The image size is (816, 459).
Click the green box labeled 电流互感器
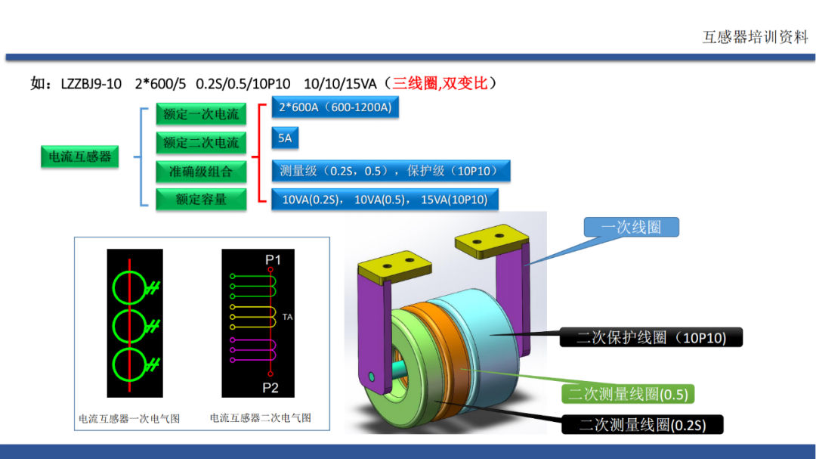[79, 157]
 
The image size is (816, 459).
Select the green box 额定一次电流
[201, 114]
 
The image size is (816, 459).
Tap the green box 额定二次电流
[201, 143]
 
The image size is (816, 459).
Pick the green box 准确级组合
[201, 172]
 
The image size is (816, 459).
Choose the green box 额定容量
[201, 200]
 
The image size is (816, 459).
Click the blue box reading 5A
[285, 138]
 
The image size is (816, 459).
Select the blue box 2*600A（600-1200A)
[335, 107]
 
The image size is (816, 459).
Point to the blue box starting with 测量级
[391, 171]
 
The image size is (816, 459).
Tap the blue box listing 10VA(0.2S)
[385, 200]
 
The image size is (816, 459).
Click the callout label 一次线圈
[631, 227]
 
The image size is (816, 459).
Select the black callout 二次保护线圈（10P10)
[651, 337]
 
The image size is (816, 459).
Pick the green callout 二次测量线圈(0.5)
[628, 394]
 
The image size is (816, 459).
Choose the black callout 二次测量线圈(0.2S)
[642, 425]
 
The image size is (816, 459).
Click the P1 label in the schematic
[273, 259]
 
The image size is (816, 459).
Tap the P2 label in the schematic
[270, 388]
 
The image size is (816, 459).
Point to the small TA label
[287, 317]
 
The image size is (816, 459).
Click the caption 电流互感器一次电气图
[129, 418]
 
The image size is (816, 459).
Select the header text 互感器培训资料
[755, 37]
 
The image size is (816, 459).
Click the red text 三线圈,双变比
[440, 83]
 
